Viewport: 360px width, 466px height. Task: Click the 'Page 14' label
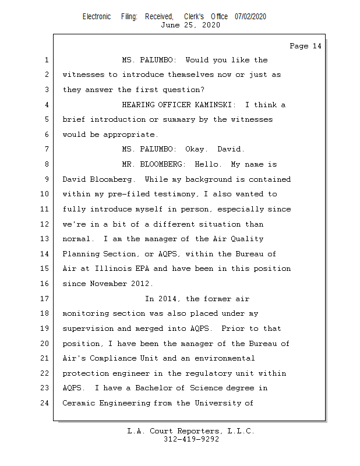(305, 46)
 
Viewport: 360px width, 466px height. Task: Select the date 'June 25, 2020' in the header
(190, 25)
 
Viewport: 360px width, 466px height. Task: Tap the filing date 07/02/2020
(250, 17)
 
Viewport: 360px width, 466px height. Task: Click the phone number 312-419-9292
(191, 439)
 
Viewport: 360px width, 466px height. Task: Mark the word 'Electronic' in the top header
(97, 17)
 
